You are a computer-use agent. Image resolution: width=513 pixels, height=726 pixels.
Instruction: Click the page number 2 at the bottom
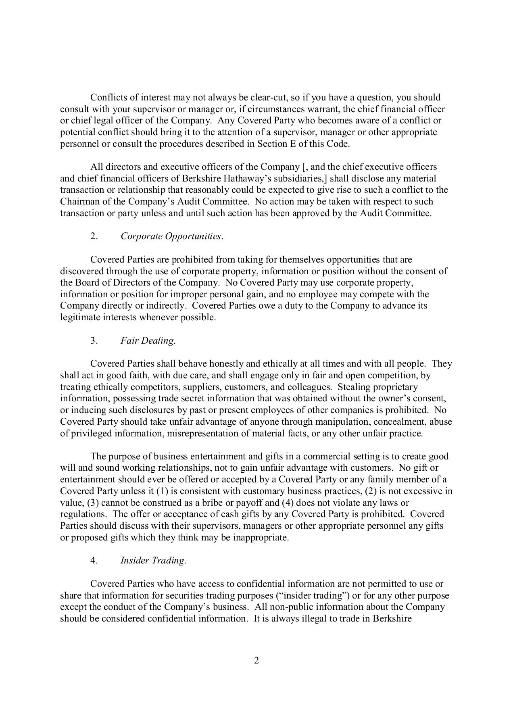(256, 672)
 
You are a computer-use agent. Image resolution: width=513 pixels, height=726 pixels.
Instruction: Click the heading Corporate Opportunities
(171, 236)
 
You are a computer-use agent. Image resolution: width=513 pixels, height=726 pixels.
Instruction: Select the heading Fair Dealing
(148, 341)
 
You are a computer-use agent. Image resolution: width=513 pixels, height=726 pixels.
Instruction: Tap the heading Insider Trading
(153, 561)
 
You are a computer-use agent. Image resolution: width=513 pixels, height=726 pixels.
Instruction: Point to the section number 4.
(94, 561)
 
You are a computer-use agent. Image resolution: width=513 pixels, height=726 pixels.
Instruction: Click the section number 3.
(94, 341)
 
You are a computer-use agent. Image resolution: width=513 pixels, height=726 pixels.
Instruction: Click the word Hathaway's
(248, 179)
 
